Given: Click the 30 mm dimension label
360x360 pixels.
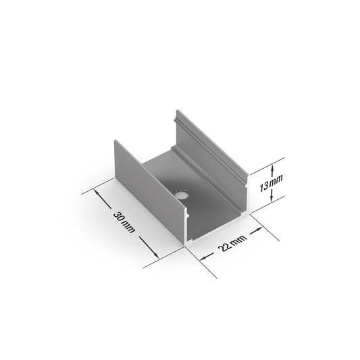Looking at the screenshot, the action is (124, 222).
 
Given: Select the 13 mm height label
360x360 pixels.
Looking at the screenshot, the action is (271, 183).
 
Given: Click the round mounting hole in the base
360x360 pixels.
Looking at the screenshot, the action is (182, 195).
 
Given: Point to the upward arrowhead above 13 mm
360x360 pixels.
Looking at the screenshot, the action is (272, 169).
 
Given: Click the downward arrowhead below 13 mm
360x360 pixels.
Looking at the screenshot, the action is (272, 199).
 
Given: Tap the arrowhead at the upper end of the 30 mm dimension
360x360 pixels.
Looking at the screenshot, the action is (97, 192).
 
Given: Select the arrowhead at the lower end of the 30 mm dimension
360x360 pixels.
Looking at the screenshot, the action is (155, 255).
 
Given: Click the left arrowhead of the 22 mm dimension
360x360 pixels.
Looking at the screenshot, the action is (203, 258).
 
